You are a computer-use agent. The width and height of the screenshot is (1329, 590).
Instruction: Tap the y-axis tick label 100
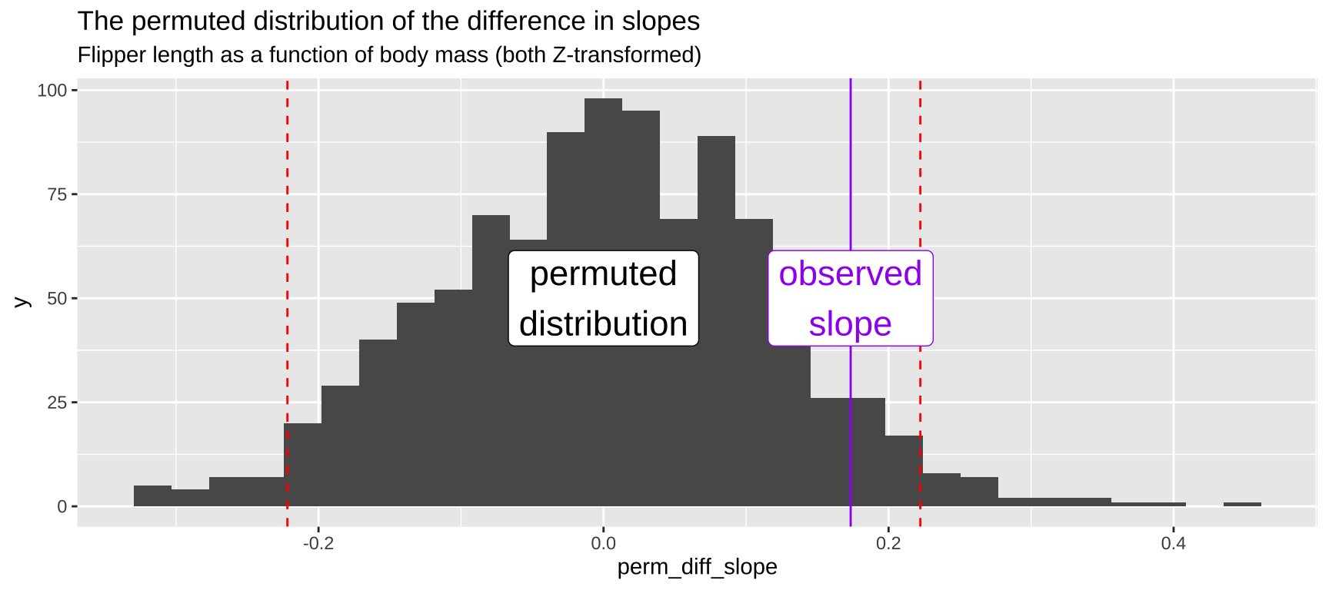click(x=52, y=91)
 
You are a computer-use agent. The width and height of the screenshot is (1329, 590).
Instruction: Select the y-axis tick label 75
click(x=57, y=194)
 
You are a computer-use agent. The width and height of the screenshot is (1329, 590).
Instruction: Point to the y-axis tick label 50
click(x=57, y=299)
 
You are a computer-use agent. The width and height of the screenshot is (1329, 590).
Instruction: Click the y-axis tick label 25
click(x=57, y=403)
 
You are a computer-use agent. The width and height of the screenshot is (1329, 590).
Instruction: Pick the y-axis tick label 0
click(x=62, y=507)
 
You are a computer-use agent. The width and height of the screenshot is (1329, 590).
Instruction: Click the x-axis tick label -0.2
click(x=318, y=544)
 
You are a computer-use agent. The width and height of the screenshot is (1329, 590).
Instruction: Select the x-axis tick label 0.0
click(x=603, y=544)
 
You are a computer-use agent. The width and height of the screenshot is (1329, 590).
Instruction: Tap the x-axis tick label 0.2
click(x=888, y=544)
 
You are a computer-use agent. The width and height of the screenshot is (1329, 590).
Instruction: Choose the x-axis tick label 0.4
click(x=1173, y=544)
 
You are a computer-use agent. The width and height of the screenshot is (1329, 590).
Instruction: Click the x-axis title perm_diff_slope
click(x=697, y=568)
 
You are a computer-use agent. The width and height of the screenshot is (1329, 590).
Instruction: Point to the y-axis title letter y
click(x=22, y=301)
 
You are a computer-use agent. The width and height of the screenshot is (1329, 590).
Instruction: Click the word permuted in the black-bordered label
click(x=603, y=274)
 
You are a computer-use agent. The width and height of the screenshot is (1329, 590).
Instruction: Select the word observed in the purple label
click(x=850, y=274)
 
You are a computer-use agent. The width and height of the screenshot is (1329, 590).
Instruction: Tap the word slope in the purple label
click(x=850, y=324)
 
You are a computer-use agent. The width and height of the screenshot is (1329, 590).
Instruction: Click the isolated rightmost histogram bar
click(x=1242, y=504)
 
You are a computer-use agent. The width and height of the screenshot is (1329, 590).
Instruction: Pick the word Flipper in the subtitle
click(x=109, y=55)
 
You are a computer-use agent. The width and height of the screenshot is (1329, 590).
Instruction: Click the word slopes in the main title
click(x=661, y=22)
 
